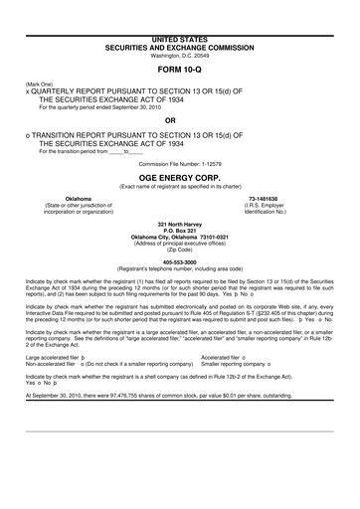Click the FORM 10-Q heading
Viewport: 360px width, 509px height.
(180, 74)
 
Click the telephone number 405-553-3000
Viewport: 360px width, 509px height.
(180, 263)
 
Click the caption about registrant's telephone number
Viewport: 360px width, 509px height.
(180, 270)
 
